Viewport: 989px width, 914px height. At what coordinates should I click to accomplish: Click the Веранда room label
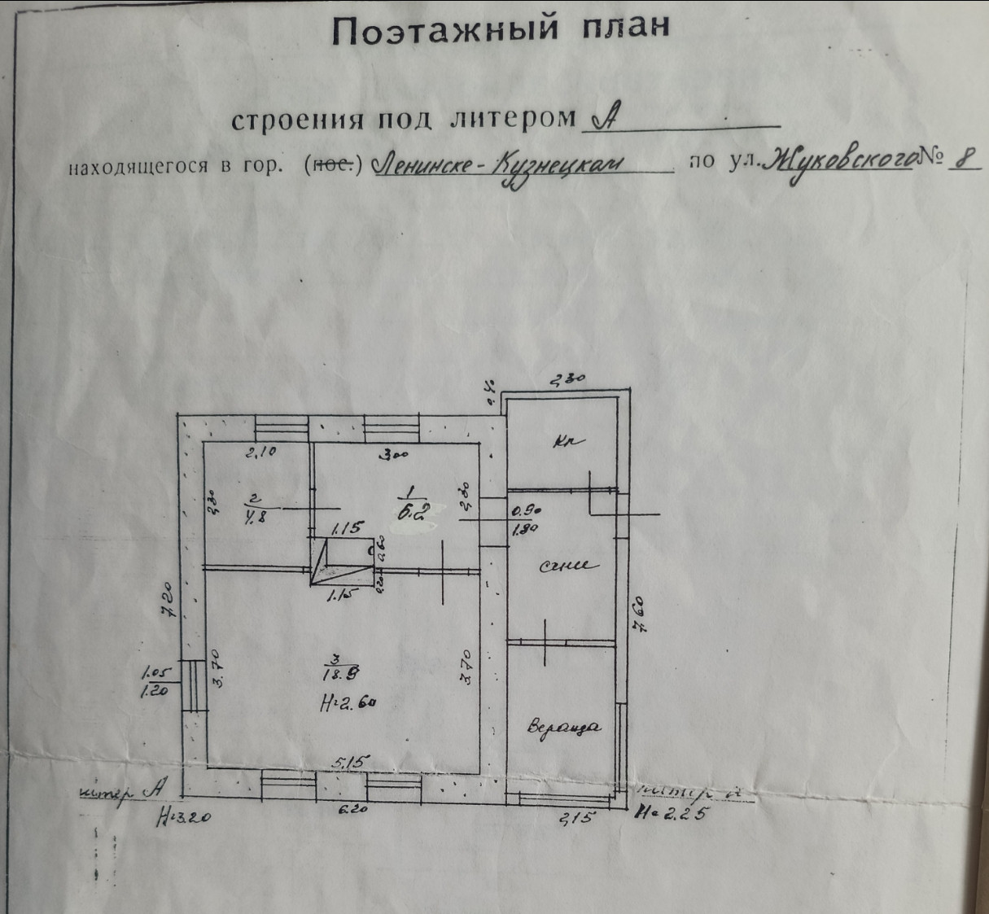(563, 727)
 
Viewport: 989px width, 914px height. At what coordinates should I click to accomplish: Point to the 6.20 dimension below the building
(352, 811)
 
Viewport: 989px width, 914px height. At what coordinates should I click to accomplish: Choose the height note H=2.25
(672, 812)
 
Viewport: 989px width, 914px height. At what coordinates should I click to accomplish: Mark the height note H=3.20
(182, 816)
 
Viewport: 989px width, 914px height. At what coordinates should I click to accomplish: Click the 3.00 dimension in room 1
(395, 456)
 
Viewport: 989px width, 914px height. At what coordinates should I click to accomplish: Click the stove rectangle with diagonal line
(340, 561)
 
